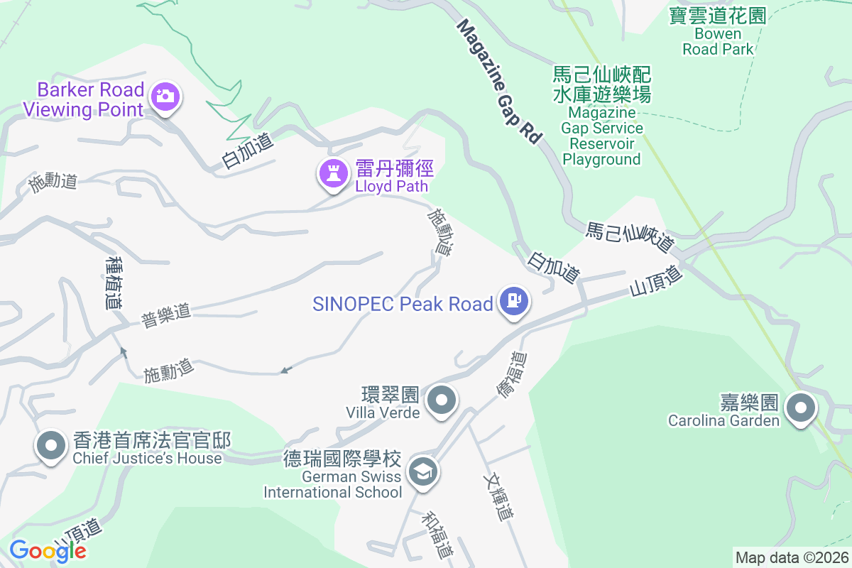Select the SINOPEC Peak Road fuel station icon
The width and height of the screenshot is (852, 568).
pos(514,302)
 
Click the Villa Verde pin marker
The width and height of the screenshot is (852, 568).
pos(443,400)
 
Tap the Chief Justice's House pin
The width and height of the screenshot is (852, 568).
pos(50,445)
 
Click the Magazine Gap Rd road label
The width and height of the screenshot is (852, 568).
pos(499,82)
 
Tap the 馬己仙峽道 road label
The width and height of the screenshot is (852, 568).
pos(630,237)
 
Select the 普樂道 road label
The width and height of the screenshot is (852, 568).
pos(166,315)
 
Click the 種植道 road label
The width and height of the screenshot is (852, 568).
pos(113,283)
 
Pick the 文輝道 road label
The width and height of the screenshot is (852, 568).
pos(498,498)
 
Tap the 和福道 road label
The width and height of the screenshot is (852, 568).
pos(437,534)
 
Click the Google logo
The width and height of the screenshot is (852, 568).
pos(48,551)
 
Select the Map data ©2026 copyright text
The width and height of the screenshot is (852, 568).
pos(791,558)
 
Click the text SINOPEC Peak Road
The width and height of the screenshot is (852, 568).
pos(403,304)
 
